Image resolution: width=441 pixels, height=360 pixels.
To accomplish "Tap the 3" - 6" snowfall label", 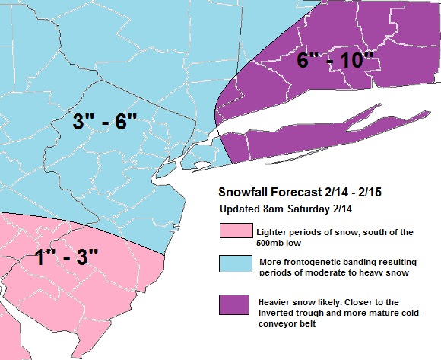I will click(x=105, y=122).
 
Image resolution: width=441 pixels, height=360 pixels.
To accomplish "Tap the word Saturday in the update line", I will click(x=311, y=209).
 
